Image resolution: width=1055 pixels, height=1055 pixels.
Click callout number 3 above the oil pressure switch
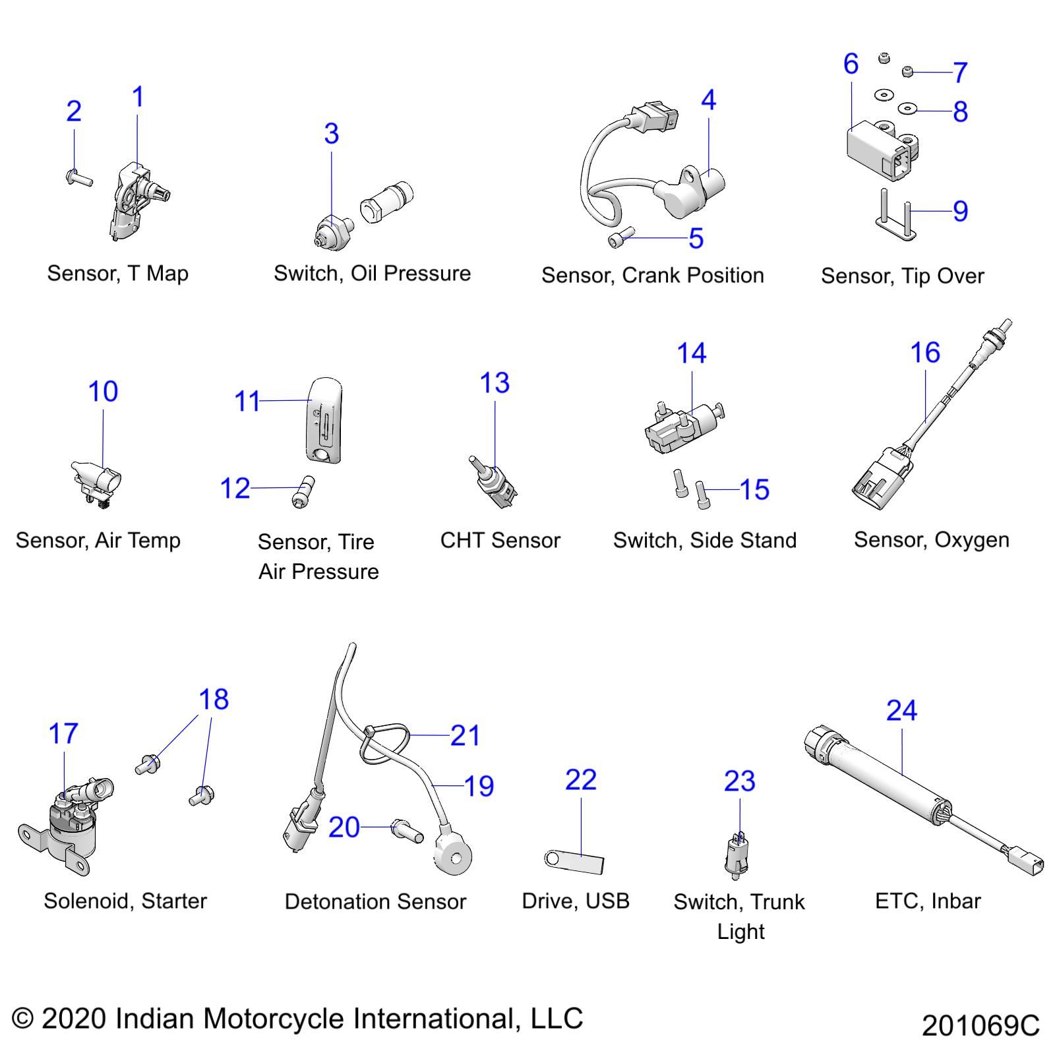[x=331, y=134]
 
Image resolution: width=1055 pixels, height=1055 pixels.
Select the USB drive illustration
[x=574, y=861]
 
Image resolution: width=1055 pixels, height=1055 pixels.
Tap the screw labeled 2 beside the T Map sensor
[x=79, y=177]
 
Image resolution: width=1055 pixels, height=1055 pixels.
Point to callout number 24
[x=901, y=711]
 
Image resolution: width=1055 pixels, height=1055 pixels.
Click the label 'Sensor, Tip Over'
[x=901, y=276]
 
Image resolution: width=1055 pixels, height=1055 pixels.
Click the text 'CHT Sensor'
[x=500, y=540]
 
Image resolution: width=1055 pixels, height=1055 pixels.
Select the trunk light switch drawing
[x=738, y=855]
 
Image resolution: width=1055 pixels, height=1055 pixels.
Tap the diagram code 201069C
[x=980, y=1026]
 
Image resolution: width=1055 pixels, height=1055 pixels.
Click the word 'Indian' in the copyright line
[x=155, y=1018]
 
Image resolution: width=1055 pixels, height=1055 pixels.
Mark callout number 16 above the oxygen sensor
[x=924, y=353]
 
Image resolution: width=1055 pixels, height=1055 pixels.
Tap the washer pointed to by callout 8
[x=908, y=108]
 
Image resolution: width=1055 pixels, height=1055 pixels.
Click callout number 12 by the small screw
[x=235, y=489]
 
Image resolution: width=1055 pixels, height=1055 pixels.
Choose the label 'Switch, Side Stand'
[x=704, y=540]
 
